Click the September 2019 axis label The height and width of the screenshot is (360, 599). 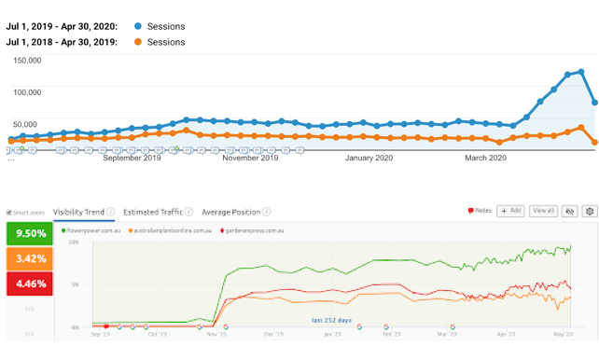[x=132, y=159]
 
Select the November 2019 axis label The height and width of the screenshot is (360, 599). [x=249, y=159]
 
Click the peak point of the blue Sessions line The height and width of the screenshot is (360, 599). [x=580, y=71]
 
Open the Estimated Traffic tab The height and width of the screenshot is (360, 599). [x=153, y=213]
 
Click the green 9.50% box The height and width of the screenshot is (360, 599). [x=28, y=234]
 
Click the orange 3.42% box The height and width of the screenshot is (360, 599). [x=28, y=257]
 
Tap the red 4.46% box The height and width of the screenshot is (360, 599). [x=28, y=282]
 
